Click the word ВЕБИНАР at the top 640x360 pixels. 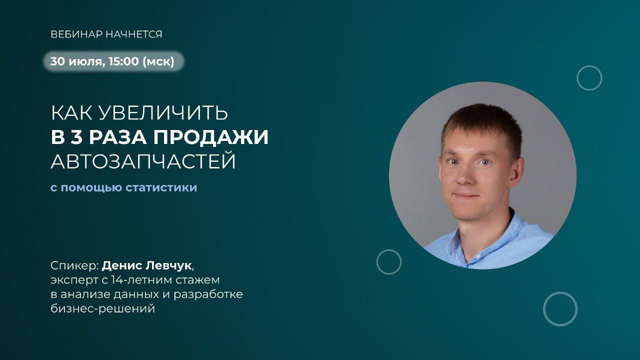click(76, 34)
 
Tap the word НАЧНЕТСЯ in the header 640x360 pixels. click(134, 34)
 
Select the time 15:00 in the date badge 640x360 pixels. click(123, 61)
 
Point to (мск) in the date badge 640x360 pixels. click(158, 61)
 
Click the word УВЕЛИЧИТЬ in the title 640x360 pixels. click(163, 113)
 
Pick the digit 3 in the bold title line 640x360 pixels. click(76, 137)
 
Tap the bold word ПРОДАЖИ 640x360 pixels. click(211, 137)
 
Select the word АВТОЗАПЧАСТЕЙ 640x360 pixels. click(143, 161)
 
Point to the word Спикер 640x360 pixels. click(74, 266)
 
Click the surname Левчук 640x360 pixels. click(168, 265)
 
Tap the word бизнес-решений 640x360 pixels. click(103, 308)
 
